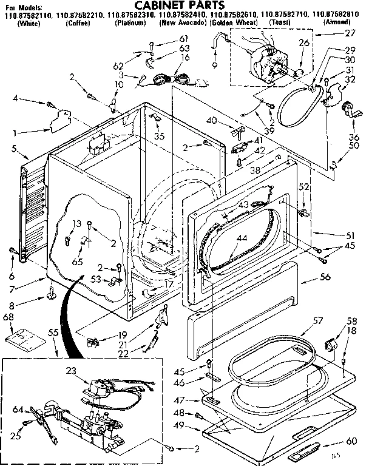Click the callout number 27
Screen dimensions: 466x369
tap(348, 35)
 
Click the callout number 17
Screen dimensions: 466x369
tap(169, 283)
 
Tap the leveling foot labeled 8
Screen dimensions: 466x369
tap(50, 296)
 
